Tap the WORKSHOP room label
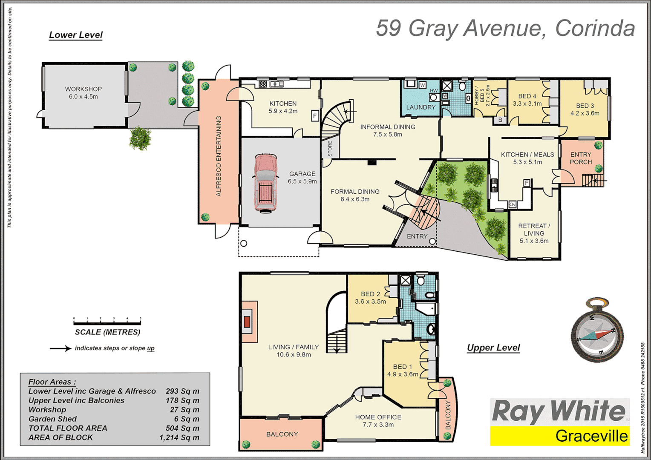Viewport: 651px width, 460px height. click(84, 89)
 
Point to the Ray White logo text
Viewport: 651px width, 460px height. click(559, 411)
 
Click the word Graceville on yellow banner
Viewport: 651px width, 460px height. click(591, 436)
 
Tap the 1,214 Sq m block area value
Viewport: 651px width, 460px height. click(179, 437)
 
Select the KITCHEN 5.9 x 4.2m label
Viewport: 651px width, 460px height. click(283, 107)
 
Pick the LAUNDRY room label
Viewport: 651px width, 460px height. click(421, 107)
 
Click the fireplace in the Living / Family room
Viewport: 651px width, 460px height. click(247, 322)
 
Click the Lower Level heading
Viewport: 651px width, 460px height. click(76, 35)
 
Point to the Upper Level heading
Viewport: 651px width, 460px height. click(493, 348)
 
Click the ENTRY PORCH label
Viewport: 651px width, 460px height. click(581, 158)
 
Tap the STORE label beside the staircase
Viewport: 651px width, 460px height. click(330, 149)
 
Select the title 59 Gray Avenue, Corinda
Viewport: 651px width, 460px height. click(505, 28)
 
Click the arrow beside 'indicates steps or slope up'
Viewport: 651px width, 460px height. click(60, 348)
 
